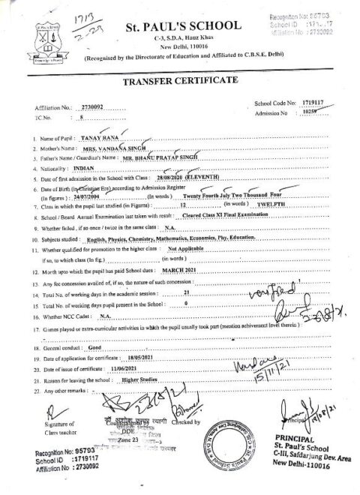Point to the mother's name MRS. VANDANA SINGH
click(x=112, y=150)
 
